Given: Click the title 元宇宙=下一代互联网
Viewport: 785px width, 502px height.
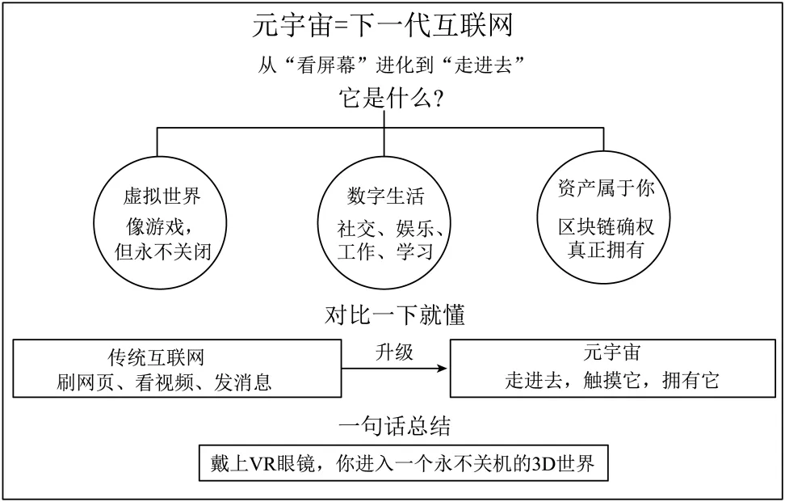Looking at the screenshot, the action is (383, 26).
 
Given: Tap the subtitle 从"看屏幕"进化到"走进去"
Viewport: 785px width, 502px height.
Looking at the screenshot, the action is (392, 65).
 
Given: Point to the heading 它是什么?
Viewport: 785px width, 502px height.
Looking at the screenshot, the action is (391, 98).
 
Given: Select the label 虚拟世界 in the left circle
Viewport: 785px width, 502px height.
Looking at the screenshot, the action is (162, 196).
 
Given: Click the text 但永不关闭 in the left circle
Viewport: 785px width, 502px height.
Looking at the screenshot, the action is (162, 251).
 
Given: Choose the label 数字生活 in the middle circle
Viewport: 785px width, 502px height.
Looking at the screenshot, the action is (385, 196).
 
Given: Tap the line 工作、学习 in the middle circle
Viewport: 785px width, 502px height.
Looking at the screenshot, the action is (385, 251).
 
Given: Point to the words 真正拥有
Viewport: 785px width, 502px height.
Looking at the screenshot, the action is (606, 250).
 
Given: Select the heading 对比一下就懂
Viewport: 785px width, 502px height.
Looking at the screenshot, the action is (394, 315).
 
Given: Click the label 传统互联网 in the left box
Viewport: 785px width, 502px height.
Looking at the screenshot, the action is (156, 358).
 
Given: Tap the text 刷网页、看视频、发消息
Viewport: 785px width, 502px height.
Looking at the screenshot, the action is (164, 382).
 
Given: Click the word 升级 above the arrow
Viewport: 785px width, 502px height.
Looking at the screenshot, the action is (394, 352).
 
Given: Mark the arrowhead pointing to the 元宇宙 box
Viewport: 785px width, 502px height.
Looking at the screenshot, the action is (442, 369).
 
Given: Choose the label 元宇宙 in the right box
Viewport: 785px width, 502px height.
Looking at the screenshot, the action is (612, 352).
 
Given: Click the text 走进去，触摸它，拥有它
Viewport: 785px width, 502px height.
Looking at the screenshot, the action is (612, 381).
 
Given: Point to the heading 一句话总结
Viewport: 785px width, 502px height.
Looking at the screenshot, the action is (394, 426).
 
